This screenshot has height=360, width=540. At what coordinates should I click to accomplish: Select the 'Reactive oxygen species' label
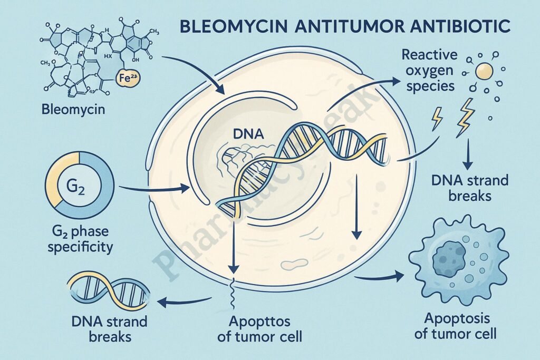click(428, 70)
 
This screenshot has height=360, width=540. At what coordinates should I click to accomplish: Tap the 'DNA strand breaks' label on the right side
click(470, 188)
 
